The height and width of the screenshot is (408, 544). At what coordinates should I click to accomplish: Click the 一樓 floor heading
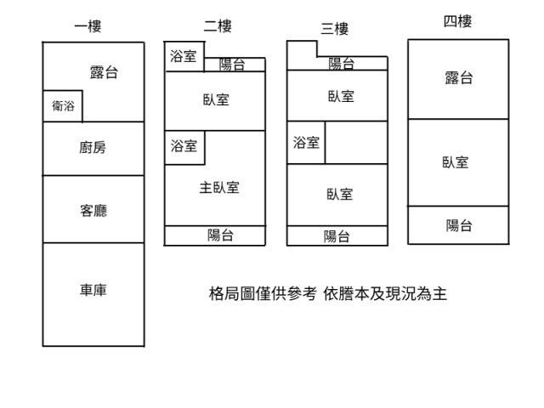coord(88,26)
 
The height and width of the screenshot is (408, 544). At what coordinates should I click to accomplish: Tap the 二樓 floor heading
coord(218,26)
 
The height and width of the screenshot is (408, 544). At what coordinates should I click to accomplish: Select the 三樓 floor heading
coord(334,29)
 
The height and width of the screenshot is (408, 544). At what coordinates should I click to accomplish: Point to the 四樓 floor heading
coord(457,21)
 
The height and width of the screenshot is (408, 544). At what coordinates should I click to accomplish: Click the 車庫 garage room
coord(93,291)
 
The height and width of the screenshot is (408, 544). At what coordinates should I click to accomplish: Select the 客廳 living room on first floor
coord(93,210)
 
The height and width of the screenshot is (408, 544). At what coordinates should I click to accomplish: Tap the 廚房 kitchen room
coord(93,148)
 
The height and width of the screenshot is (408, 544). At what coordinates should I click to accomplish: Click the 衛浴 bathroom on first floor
coord(63,106)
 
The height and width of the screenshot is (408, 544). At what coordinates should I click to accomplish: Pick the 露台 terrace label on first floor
coord(104,72)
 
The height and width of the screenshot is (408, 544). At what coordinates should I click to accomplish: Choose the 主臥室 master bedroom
coord(219,188)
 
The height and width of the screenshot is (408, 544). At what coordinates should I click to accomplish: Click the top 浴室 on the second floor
coord(183,56)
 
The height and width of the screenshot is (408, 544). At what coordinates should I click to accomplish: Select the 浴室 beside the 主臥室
coord(183,146)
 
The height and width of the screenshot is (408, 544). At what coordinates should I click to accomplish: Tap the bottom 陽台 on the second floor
coord(221,235)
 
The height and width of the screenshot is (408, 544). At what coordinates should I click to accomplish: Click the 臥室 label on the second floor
coord(216,99)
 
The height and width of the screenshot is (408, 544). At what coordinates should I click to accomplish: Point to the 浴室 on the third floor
coord(306,143)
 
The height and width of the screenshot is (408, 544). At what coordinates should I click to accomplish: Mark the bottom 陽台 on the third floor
coord(337,237)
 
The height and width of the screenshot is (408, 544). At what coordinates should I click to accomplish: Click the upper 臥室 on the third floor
coord(341,96)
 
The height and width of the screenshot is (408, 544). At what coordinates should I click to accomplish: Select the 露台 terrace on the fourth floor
coord(459,78)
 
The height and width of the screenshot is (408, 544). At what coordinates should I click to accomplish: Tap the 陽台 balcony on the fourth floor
coord(459,225)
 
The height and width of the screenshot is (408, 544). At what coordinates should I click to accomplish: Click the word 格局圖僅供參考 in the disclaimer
coord(263,294)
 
